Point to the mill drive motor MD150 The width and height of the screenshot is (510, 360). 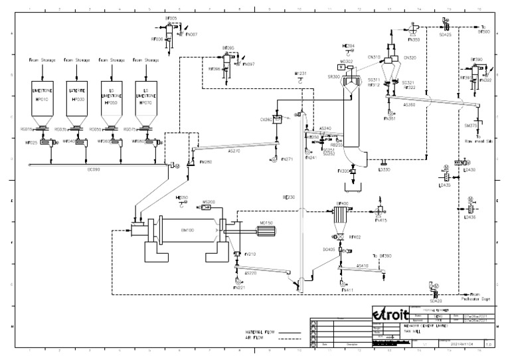(268, 232)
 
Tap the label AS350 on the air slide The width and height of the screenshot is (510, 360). (409, 105)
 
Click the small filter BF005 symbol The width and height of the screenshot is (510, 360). (169, 29)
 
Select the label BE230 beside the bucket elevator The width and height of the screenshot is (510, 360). (288, 198)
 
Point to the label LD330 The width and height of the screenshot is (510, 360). (384, 170)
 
